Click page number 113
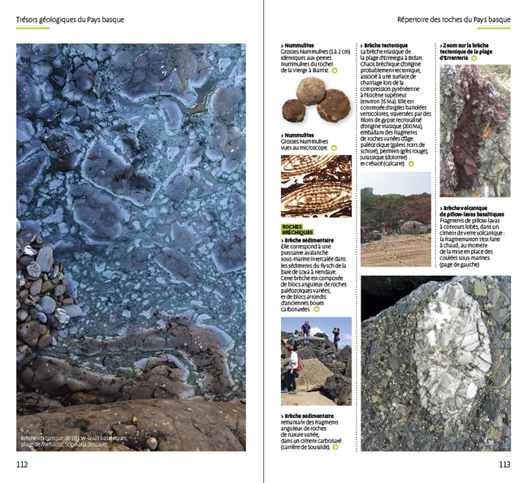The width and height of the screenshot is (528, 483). [x=504, y=464]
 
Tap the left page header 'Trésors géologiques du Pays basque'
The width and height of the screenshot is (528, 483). [x=71, y=19]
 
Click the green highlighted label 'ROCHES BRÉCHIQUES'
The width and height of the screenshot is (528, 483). [x=296, y=230]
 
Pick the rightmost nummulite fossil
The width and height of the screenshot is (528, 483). [x=335, y=104]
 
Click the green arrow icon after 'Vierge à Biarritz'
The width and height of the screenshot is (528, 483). [x=335, y=71]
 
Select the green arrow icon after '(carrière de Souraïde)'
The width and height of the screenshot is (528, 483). [x=336, y=447]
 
